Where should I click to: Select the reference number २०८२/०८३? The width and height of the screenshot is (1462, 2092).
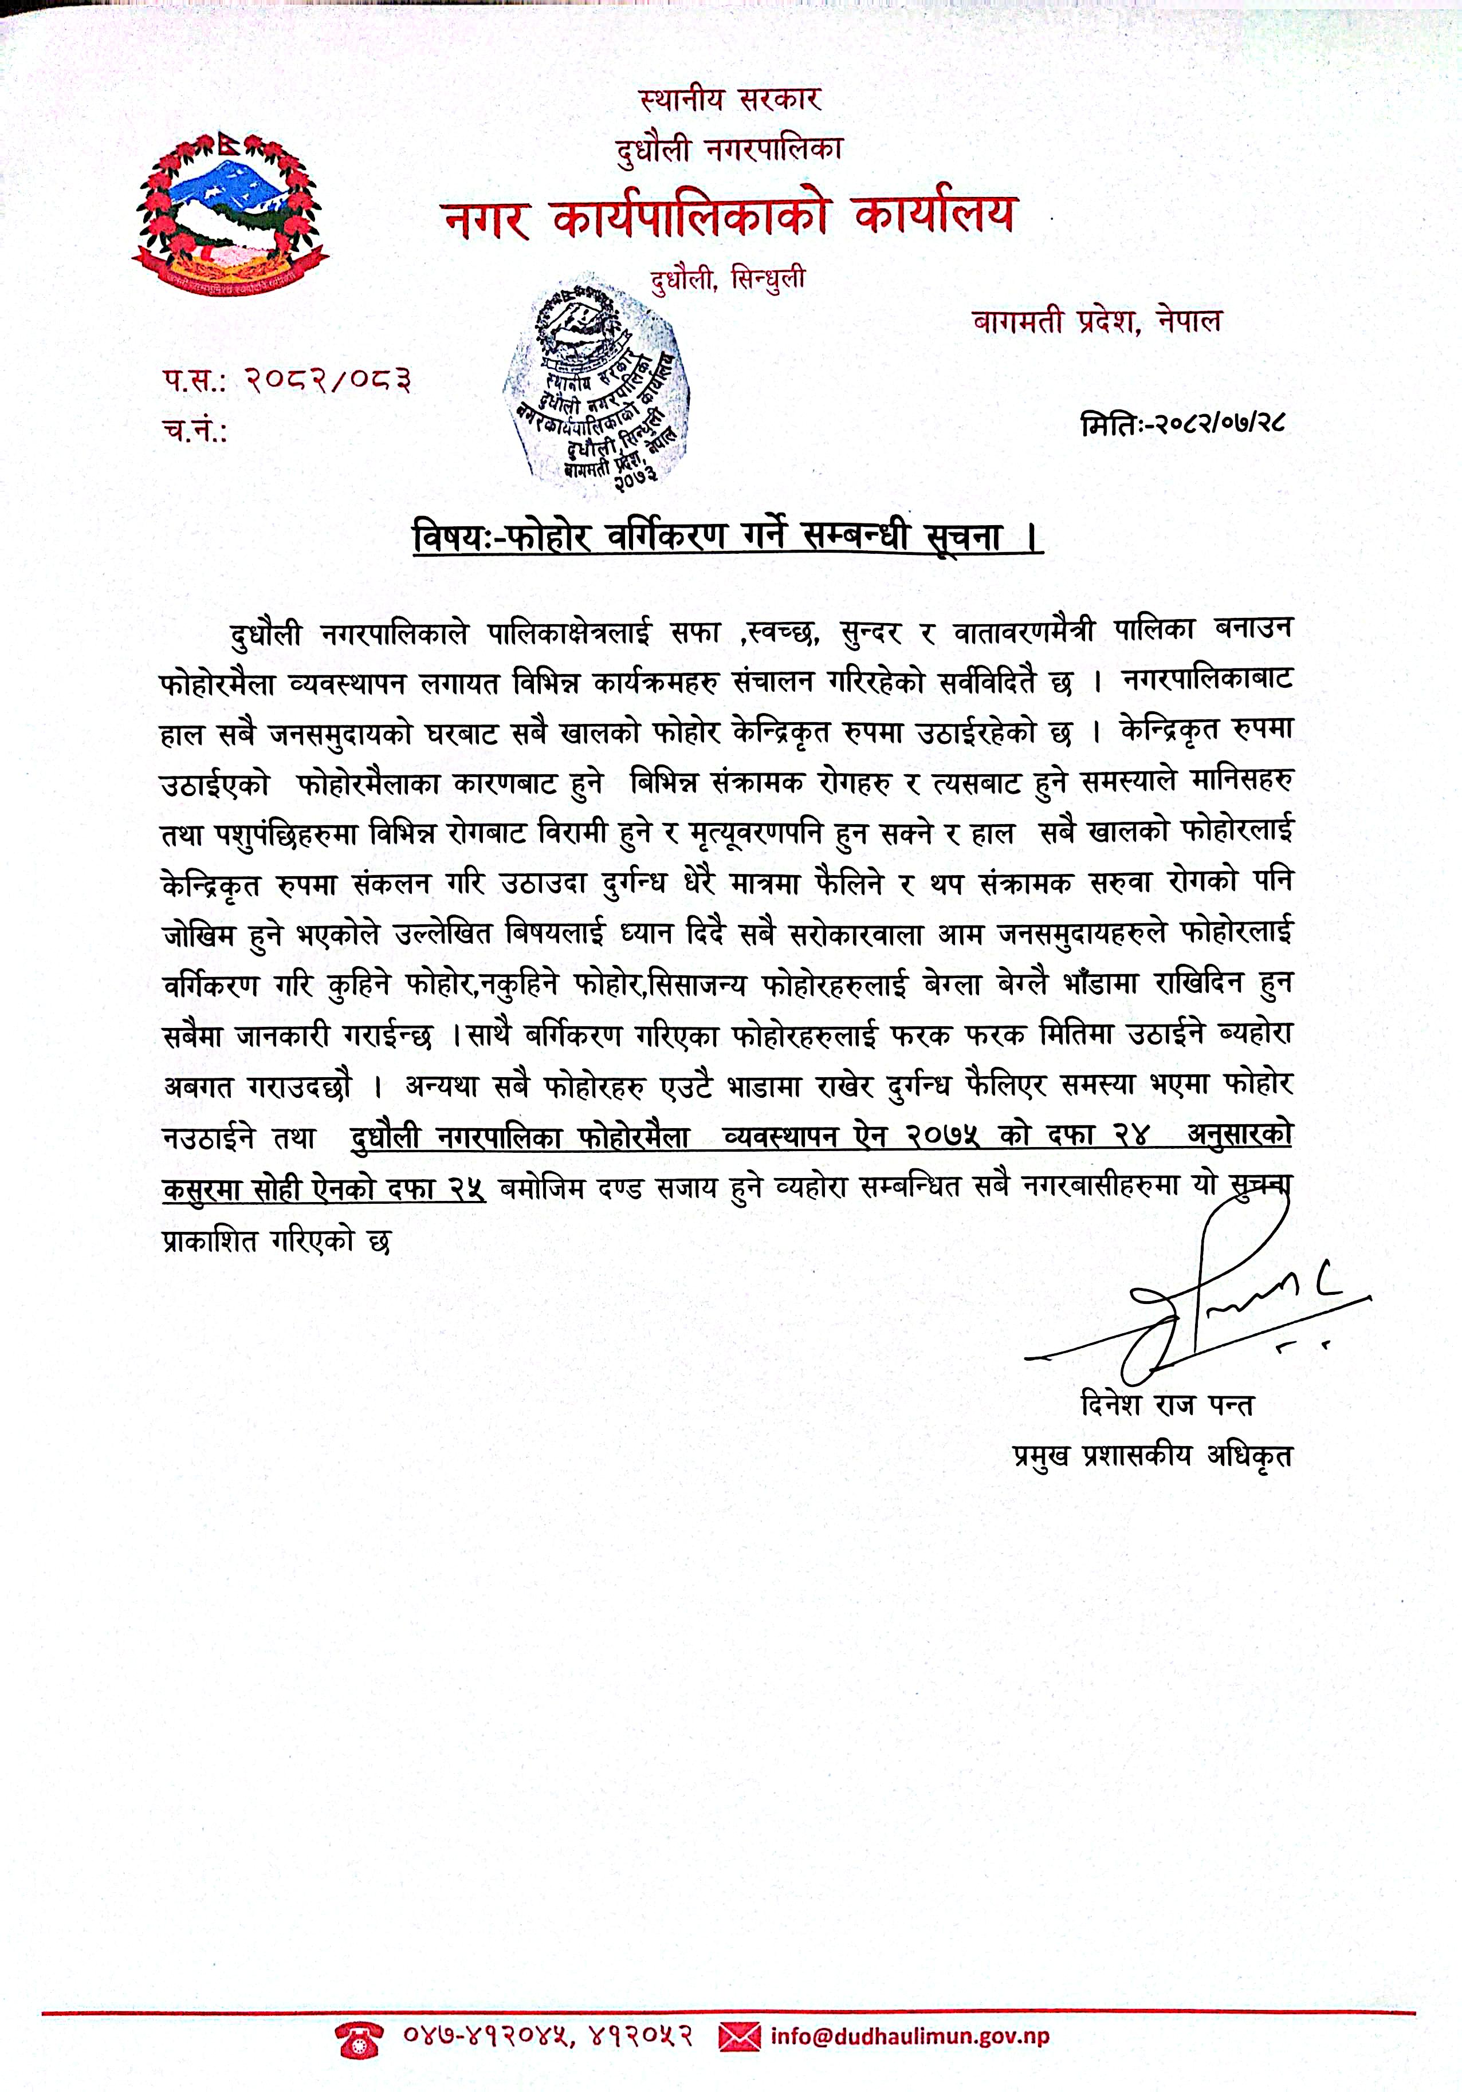pyautogui.click(x=328, y=380)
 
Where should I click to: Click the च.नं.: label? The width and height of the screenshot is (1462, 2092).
pyautogui.click(x=195, y=431)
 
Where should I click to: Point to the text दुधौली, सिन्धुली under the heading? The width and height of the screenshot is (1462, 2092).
pyautogui.click(x=728, y=277)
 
